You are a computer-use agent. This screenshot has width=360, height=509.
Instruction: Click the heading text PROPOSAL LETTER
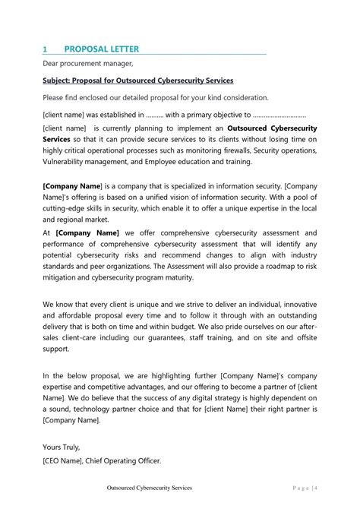(101, 49)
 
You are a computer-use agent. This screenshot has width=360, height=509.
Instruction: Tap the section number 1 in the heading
(45, 49)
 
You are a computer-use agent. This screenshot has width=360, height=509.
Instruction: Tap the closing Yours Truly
(62, 447)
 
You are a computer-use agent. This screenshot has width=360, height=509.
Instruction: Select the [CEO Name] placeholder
(65, 460)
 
